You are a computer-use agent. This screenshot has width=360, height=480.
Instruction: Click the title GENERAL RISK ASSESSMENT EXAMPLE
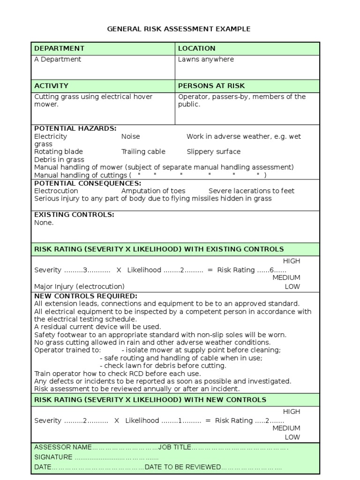click(179, 29)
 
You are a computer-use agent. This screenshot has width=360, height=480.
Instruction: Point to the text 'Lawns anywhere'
click(206, 60)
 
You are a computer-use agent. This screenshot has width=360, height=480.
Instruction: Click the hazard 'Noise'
click(130, 136)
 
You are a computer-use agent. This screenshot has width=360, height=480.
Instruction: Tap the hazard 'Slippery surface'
click(213, 152)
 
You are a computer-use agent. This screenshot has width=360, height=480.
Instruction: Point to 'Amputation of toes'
click(153, 191)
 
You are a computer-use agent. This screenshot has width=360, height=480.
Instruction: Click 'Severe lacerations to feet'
click(251, 191)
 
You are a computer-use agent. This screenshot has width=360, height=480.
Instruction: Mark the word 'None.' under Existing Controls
click(44, 223)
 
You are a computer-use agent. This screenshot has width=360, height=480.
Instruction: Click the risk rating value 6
click(271, 270)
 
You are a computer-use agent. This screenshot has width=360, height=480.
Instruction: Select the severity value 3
click(85, 270)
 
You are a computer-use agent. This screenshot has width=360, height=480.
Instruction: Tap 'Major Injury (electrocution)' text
click(79, 286)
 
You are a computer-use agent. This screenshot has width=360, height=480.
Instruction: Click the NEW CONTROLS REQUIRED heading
click(86, 296)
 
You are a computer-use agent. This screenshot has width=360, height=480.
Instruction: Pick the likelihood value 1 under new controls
click(180, 420)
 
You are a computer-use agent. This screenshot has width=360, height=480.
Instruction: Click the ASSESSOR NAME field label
click(63, 447)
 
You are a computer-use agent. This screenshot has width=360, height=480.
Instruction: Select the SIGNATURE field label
click(53, 457)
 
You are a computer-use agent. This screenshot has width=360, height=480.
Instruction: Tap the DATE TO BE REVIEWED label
click(183, 467)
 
